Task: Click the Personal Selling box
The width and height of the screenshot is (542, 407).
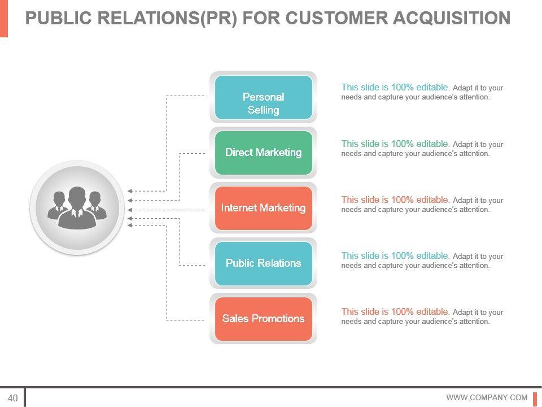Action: pyautogui.click(x=263, y=97)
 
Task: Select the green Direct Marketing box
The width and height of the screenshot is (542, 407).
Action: pyautogui.click(x=263, y=153)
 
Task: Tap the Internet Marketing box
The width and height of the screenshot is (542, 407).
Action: pyautogui.click(x=263, y=208)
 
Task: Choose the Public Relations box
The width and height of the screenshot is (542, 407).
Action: pyautogui.click(x=263, y=263)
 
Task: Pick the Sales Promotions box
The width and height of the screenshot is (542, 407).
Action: pyautogui.click(x=263, y=319)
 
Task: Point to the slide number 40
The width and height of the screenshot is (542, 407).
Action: pyautogui.click(x=12, y=398)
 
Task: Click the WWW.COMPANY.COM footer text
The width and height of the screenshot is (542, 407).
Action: pyautogui.click(x=487, y=398)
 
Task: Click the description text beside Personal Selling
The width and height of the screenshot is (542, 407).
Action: pyautogui.click(x=422, y=92)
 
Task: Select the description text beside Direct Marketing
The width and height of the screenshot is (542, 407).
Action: pyautogui.click(x=422, y=148)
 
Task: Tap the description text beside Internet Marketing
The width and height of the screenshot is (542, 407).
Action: pyautogui.click(x=422, y=204)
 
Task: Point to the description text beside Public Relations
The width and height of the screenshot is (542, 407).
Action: pyautogui.click(x=422, y=260)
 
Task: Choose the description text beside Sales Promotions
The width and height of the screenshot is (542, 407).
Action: pyautogui.click(x=422, y=316)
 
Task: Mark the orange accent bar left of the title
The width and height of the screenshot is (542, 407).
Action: pyautogui.click(x=4, y=18)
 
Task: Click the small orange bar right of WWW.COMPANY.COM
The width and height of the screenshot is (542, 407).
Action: pyautogui.click(x=535, y=398)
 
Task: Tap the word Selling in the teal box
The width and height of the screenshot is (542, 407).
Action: pyautogui.click(x=263, y=110)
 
